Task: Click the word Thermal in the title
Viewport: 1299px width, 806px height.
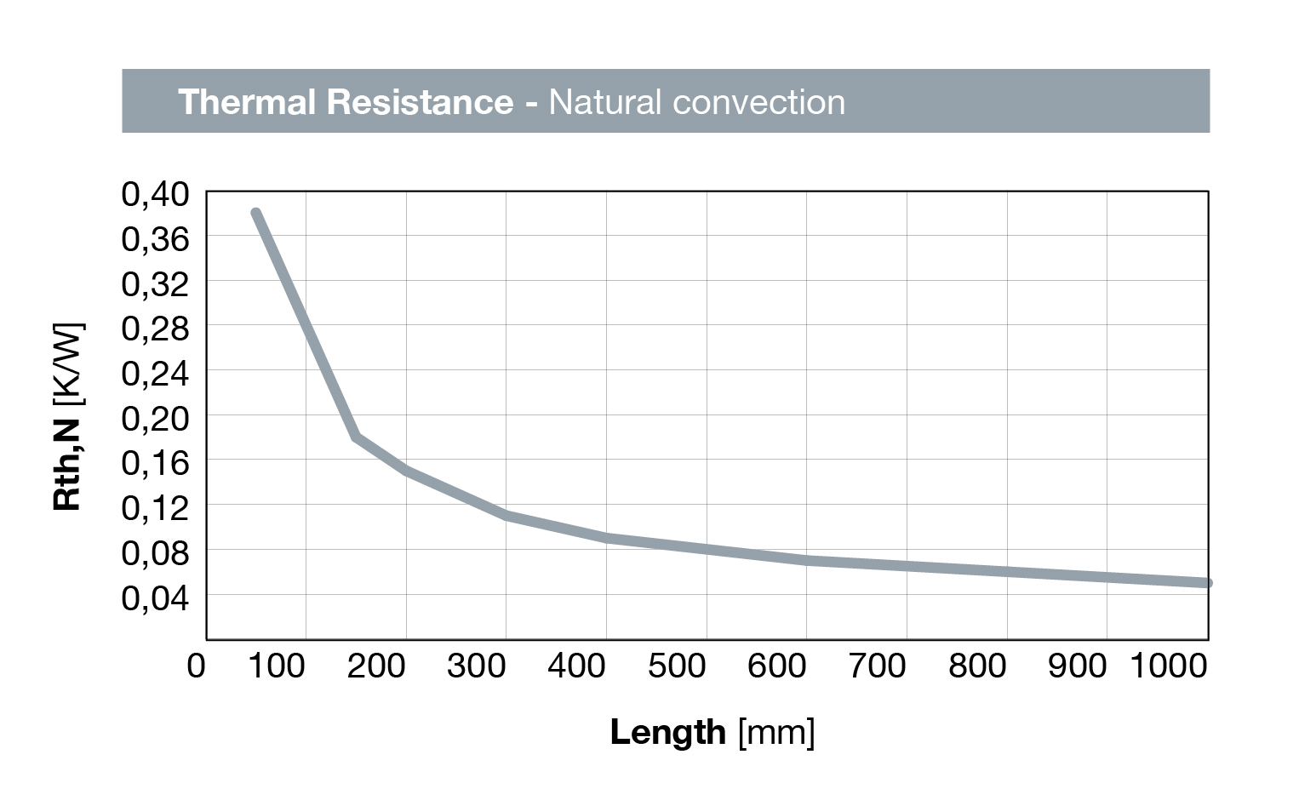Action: [247, 102]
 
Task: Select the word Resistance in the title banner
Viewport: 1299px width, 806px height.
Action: [420, 102]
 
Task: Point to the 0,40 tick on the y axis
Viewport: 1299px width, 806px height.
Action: [155, 194]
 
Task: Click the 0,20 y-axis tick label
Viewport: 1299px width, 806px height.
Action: [155, 418]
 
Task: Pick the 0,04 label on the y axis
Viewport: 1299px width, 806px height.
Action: [155, 597]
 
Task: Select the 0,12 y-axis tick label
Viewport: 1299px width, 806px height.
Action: [155, 508]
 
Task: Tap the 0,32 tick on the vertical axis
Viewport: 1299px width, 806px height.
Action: [155, 283]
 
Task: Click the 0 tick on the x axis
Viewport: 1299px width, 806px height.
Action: [196, 666]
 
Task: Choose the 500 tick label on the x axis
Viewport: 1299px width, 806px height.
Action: [677, 666]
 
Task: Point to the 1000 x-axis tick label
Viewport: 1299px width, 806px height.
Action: [1168, 666]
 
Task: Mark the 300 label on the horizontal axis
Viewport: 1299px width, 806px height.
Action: [477, 666]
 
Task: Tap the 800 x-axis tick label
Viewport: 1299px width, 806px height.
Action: [977, 666]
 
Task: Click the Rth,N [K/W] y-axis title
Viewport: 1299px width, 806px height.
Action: [67, 416]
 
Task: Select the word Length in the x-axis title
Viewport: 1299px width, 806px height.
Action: [667, 732]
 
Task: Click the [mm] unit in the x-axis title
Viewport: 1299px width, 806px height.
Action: [776, 732]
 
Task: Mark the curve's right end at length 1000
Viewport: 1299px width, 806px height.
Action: [1207, 583]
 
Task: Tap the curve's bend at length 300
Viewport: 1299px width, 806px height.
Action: [506, 516]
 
